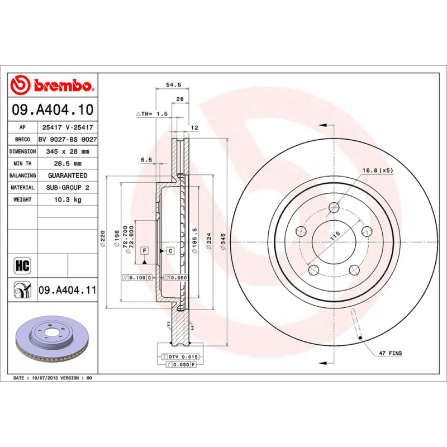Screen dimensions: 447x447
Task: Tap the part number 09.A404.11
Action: tap(68, 291)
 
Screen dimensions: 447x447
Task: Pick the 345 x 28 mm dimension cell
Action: tap(68, 151)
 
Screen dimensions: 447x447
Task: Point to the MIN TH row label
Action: tap(23, 164)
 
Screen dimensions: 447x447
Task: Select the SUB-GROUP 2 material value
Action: tap(68, 188)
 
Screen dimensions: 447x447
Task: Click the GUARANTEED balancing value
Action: tap(68, 175)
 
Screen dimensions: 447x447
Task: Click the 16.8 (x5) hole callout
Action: tap(378, 170)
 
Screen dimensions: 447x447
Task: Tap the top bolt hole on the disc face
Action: tap(334, 208)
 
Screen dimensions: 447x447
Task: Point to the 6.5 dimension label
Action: tap(146, 160)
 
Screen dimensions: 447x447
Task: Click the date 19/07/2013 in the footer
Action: tap(45, 378)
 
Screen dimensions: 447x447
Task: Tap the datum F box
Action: tap(144, 250)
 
